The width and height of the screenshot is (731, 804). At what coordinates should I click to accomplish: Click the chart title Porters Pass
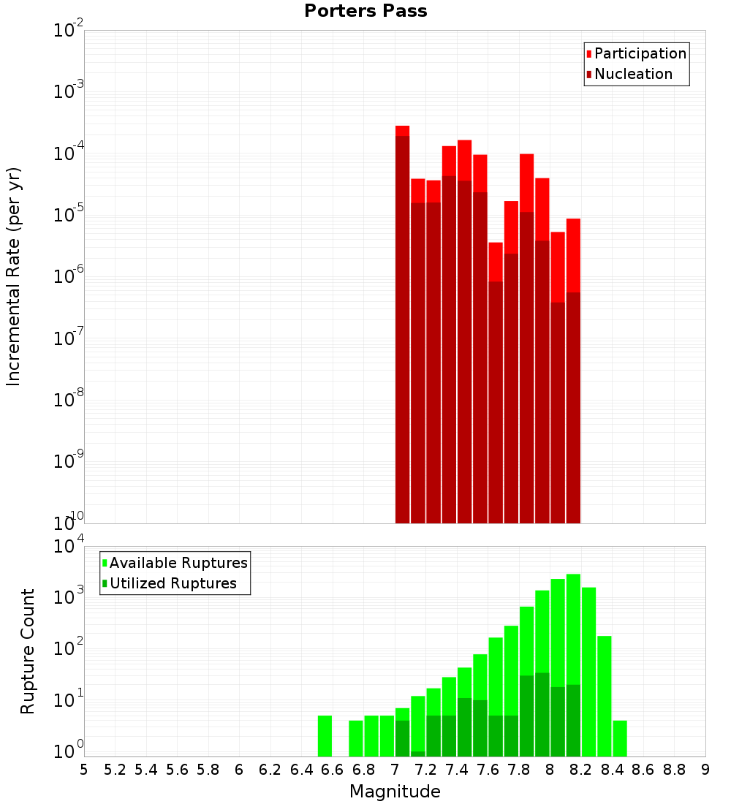(365, 11)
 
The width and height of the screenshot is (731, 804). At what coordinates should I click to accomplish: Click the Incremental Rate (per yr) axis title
(14, 276)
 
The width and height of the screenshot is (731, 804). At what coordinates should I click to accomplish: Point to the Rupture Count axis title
(28, 651)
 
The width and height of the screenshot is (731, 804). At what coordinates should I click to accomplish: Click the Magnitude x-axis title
(395, 792)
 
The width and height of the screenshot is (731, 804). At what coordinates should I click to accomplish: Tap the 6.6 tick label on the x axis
(333, 770)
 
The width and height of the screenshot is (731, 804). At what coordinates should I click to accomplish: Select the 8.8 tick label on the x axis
(674, 770)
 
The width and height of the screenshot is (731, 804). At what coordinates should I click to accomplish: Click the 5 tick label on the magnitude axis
(84, 770)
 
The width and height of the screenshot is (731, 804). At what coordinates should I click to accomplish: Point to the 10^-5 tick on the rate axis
(68, 215)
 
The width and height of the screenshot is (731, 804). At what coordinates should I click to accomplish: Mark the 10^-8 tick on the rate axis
(68, 400)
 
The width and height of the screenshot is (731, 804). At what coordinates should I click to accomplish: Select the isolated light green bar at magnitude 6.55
(325, 736)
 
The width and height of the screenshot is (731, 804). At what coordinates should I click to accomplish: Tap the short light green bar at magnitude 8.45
(620, 738)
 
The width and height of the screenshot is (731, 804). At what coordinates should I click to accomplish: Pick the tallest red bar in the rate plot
(402, 131)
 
